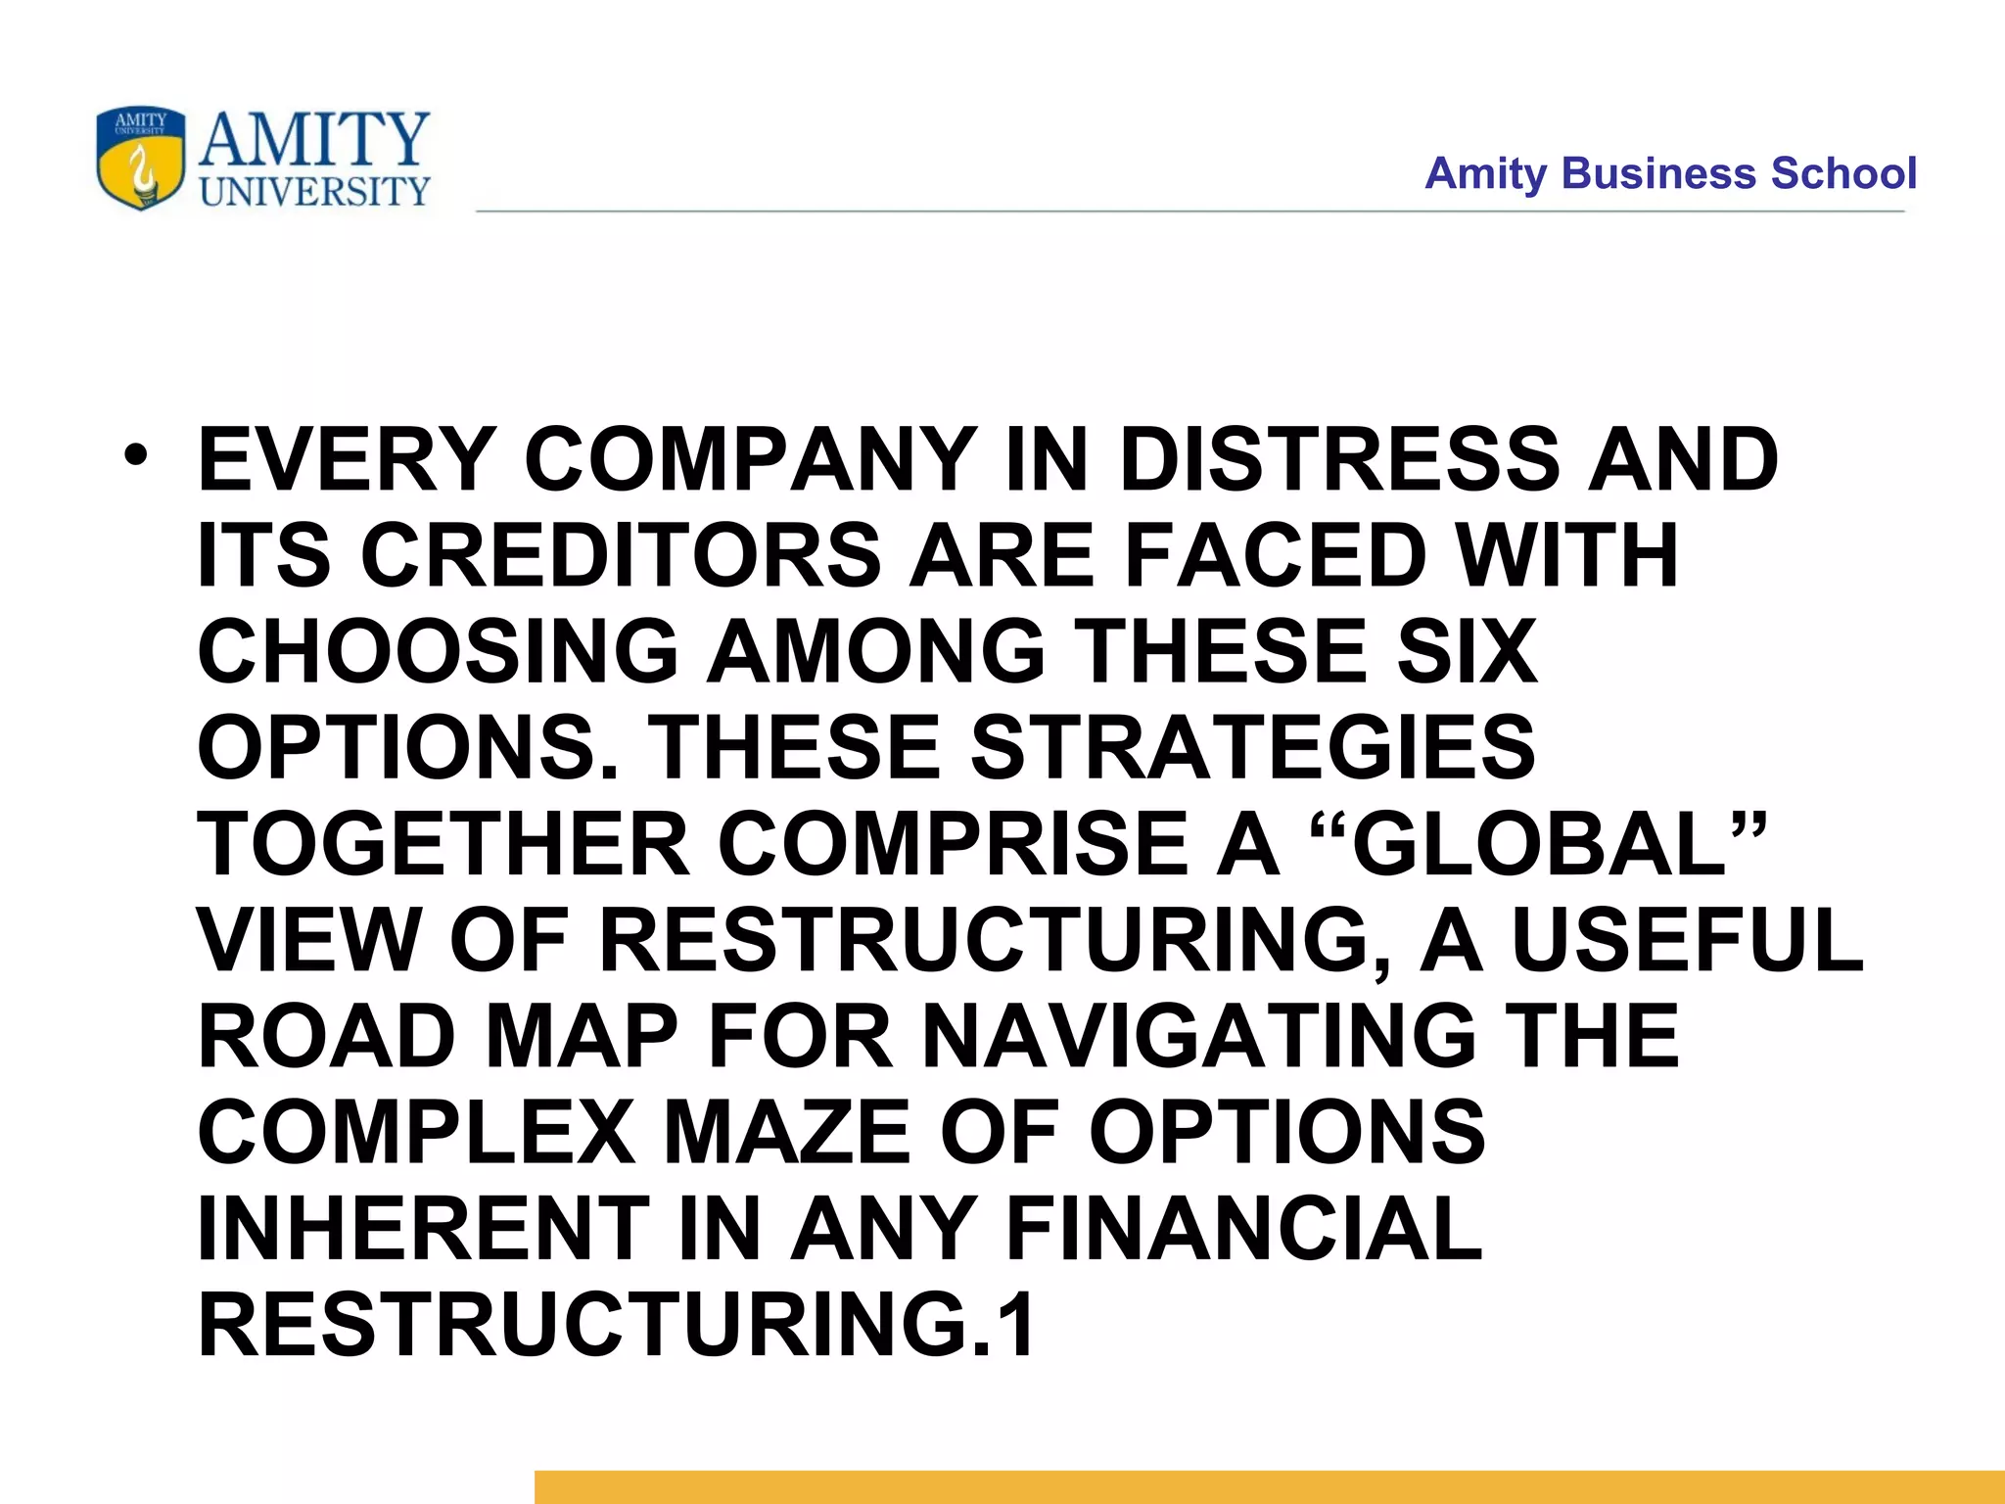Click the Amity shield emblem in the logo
point(140,159)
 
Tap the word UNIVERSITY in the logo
point(314,191)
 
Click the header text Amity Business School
point(1670,173)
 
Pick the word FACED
point(1276,555)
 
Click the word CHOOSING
point(438,651)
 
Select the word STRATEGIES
point(1252,747)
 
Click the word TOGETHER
point(443,843)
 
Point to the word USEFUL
point(1687,939)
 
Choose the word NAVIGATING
point(1199,1035)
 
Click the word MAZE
point(788,1131)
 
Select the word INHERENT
point(424,1227)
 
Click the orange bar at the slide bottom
point(1269,1486)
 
